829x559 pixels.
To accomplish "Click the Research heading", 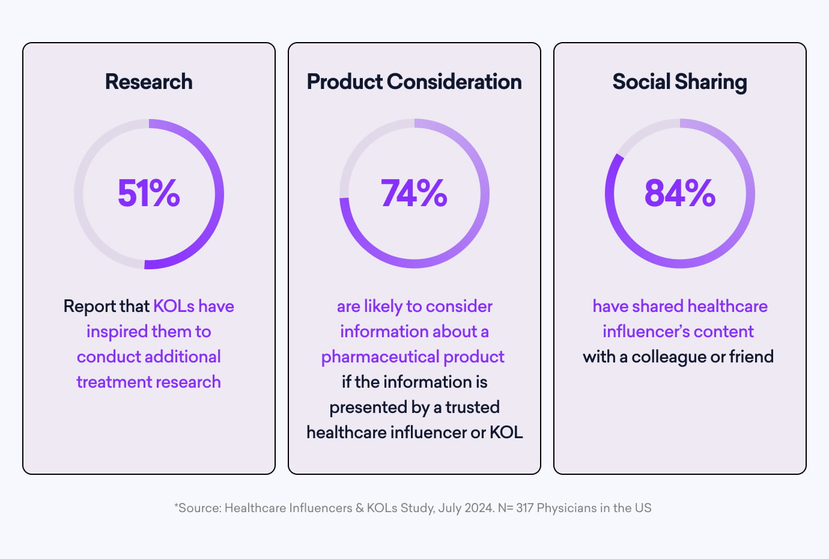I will [x=148, y=82].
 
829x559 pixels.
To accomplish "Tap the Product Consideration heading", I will [x=414, y=82].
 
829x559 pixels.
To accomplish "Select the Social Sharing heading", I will [x=679, y=82].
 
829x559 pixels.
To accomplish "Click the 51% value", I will [x=148, y=194].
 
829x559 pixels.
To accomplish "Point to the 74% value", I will [x=414, y=194].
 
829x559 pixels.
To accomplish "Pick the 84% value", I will [x=679, y=194].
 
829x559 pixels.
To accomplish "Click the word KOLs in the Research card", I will [x=174, y=307].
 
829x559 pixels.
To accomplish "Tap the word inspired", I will [x=117, y=332].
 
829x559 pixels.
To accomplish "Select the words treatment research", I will [x=148, y=382].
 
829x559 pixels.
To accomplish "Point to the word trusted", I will [x=472, y=408].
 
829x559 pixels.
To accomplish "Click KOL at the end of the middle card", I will [x=506, y=433].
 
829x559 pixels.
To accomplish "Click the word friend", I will [x=751, y=357].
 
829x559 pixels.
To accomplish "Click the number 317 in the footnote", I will [x=524, y=508].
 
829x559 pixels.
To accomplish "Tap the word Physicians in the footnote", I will [x=566, y=508].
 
